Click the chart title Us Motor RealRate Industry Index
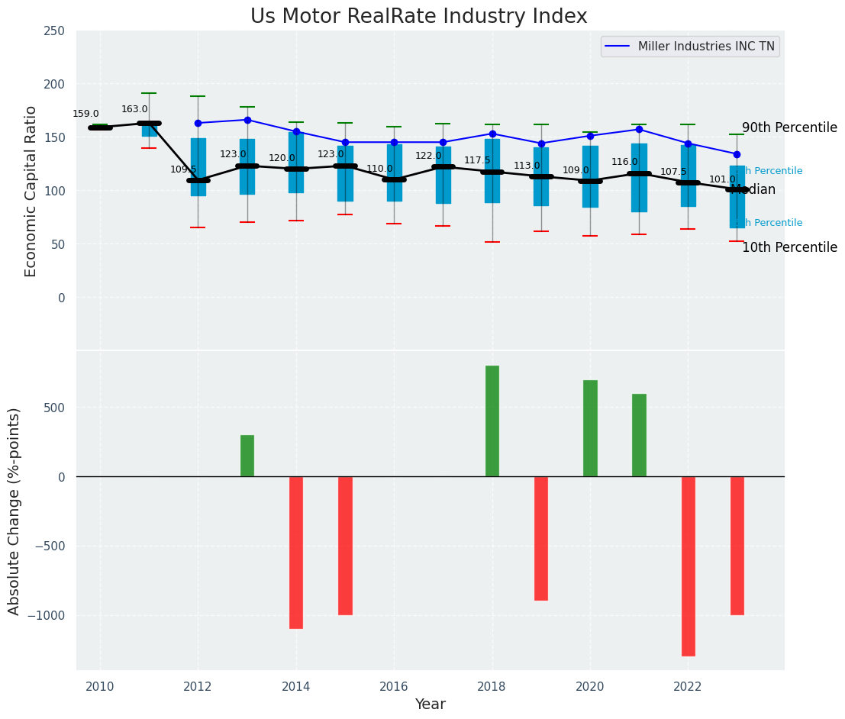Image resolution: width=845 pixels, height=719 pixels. (x=418, y=17)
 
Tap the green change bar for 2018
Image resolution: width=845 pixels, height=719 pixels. (x=492, y=421)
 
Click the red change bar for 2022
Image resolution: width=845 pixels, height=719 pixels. (x=689, y=566)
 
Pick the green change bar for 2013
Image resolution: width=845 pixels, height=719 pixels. (x=247, y=456)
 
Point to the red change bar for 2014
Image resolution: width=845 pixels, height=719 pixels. (x=296, y=552)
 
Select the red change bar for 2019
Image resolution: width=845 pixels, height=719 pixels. (x=541, y=538)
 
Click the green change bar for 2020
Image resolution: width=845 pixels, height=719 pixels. (x=590, y=428)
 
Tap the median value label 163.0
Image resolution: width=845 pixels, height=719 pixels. (x=134, y=109)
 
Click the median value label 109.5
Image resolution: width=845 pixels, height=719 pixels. (x=183, y=169)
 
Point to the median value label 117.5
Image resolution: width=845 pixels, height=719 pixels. (x=477, y=160)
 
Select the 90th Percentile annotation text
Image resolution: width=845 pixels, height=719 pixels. (x=789, y=127)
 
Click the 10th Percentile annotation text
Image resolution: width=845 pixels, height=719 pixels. (x=789, y=247)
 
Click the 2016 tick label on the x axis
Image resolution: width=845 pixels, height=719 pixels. (x=394, y=687)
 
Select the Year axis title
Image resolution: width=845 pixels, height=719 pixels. (x=430, y=704)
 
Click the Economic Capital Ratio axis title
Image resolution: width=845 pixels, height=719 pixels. (x=31, y=191)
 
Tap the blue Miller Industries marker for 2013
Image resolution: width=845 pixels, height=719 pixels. (x=247, y=120)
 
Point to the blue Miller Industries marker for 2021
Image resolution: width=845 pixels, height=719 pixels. (x=639, y=129)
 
